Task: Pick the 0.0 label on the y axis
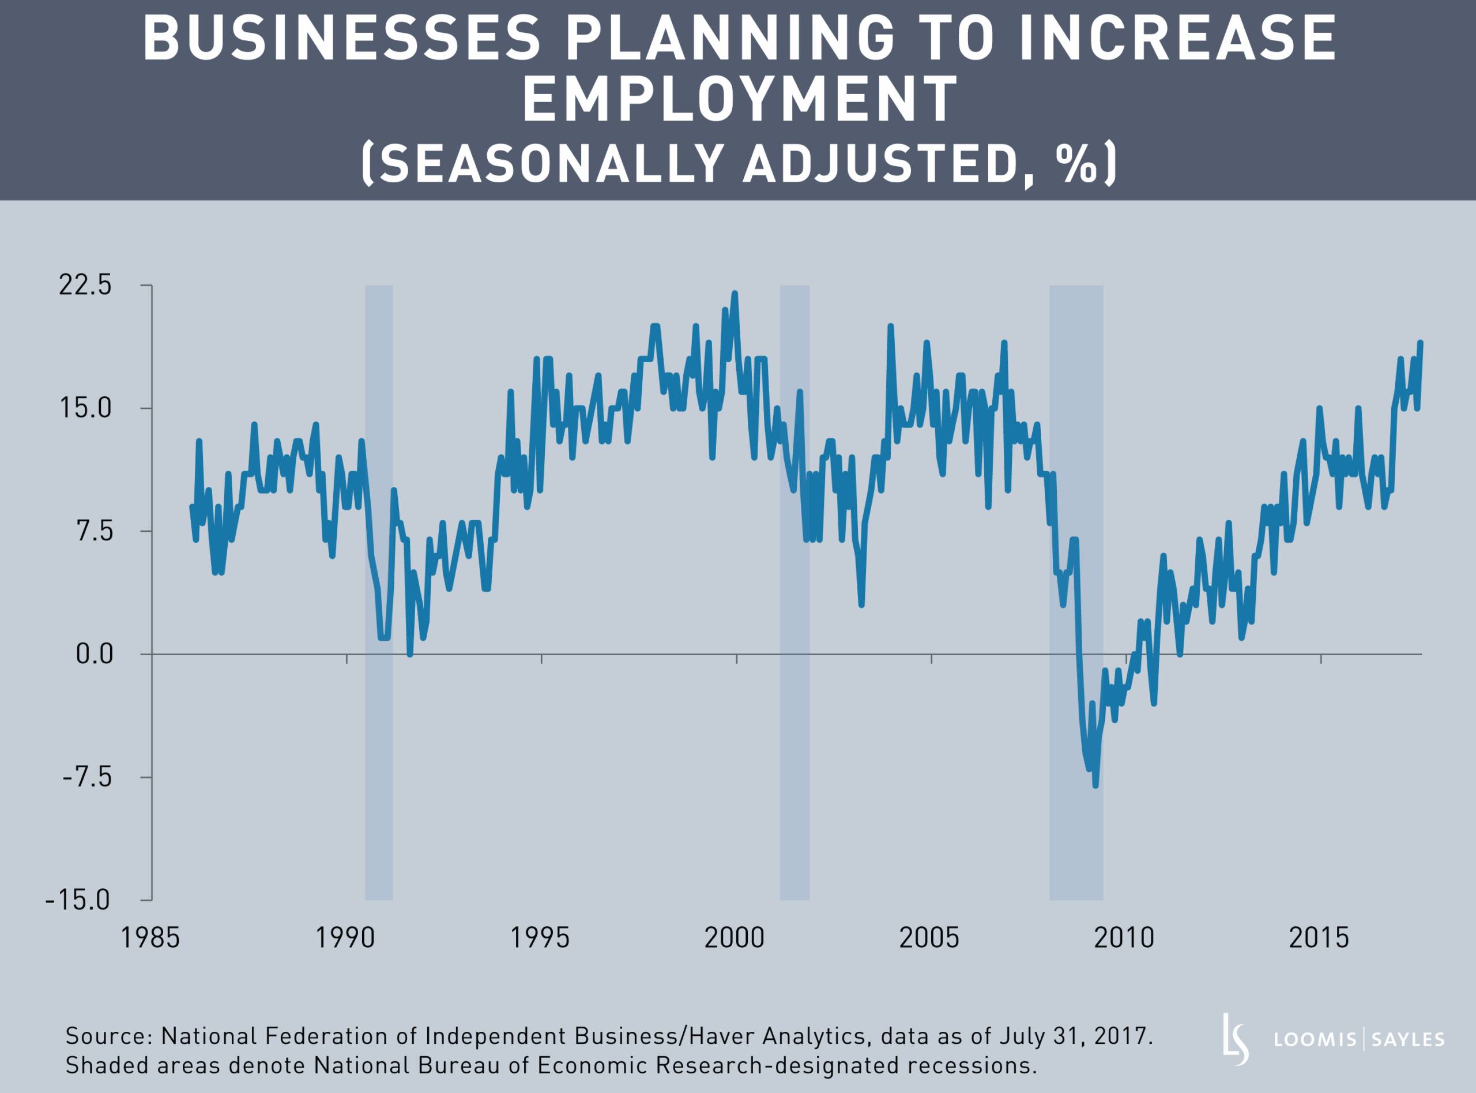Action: pos(95,653)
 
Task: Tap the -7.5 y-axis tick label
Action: pos(87,777)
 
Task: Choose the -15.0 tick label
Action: pos(78,900)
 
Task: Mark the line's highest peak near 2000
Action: pos(735,294)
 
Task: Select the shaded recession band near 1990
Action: pos(379,595)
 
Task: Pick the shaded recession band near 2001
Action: pos(794,595)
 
